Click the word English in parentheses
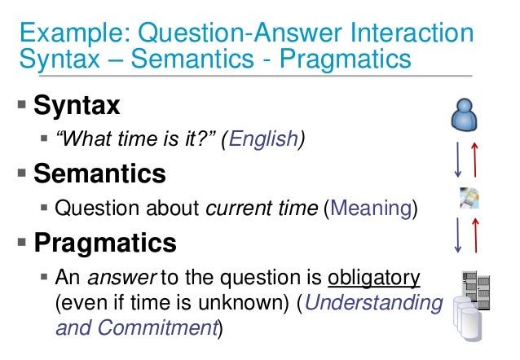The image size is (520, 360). pos(263,139)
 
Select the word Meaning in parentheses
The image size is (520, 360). pos(370,208)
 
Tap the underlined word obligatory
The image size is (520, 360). pos(373,279)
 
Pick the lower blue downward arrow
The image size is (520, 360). pos(459,234)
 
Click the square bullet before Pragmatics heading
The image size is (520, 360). pos(21,244)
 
